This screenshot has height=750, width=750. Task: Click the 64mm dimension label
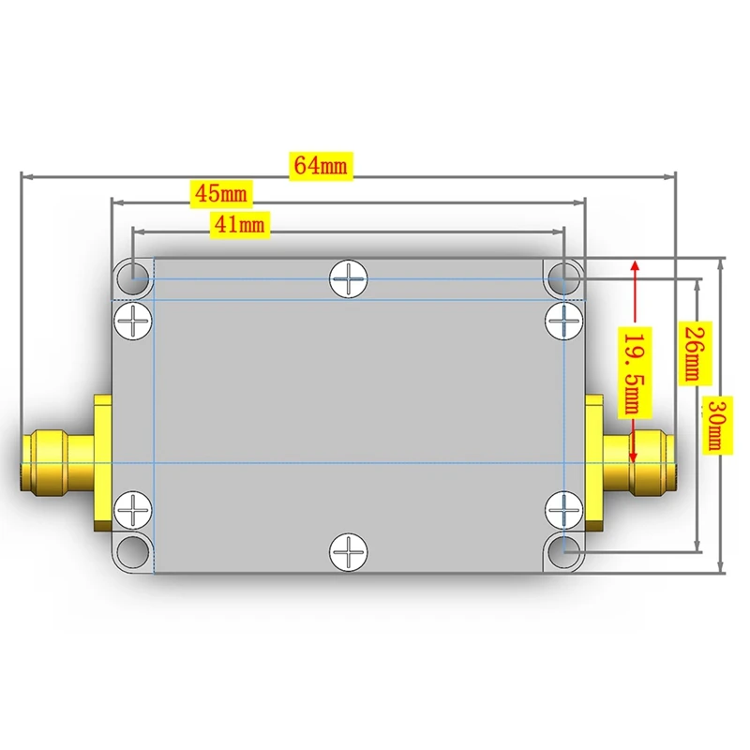321,166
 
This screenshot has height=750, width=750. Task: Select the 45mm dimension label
221,194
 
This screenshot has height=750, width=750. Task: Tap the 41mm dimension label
239,224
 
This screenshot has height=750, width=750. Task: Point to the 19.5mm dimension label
635,372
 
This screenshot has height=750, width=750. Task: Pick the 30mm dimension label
716,425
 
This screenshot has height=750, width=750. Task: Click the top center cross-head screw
349,278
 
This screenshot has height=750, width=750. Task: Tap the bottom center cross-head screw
349,552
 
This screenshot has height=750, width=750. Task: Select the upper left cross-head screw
132,321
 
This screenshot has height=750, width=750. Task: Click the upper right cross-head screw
564,321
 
